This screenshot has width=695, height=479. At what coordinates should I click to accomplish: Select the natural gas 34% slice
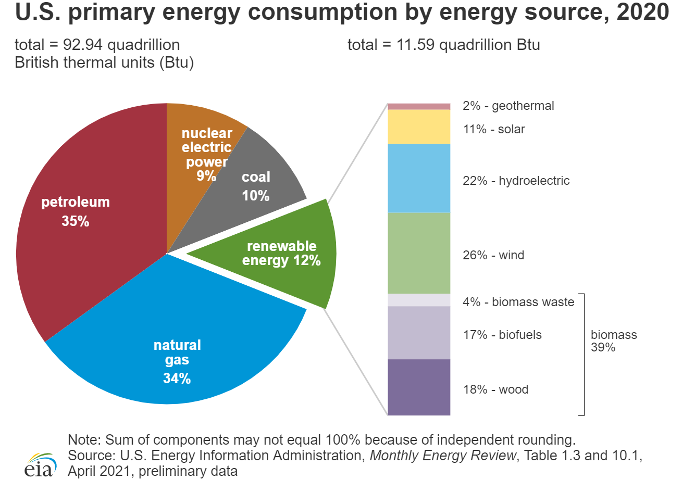pos(177,338)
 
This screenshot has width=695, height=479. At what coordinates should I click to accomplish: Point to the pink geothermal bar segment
pos(419,106)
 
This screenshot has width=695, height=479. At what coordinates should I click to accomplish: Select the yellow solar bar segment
pos(419,127)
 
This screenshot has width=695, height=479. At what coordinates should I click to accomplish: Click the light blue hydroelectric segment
pos(419,178)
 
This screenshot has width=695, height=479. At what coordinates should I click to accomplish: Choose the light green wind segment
pos(419,253)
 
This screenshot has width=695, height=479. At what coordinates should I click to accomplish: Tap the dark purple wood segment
pos(419,387)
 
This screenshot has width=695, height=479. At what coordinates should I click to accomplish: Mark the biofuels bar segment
pos(419,333)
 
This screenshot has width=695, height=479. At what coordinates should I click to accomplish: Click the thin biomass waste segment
pos(419,300)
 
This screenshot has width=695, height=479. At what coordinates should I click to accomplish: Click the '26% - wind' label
pos(493,255)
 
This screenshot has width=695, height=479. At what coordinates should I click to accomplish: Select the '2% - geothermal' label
pos(508,106)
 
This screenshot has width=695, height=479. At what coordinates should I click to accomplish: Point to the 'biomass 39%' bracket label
pos(613,341)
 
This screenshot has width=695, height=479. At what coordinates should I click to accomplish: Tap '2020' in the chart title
pos(642,12)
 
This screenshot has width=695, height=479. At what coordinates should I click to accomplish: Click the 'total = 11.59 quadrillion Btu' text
pos(443,45)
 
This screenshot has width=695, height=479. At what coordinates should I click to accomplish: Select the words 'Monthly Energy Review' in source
pos(442,456)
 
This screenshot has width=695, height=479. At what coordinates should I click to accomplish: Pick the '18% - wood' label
pos(495,389)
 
